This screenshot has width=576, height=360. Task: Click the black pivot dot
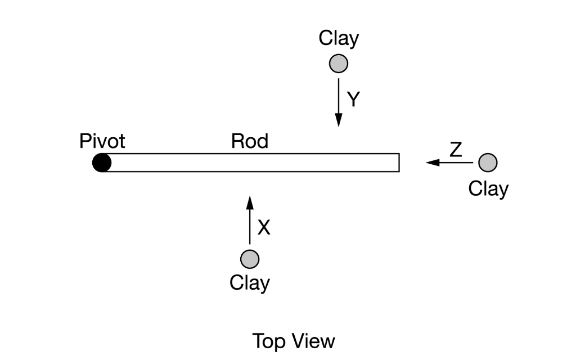click(x=102, y=163)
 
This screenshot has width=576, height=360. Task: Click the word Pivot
click(x=102, y=141)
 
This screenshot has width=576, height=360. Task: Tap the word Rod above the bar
click(x=249, y=141)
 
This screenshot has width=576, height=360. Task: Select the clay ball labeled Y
click(x=339, y=64)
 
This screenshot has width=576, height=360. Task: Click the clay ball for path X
click(x=250, y=259)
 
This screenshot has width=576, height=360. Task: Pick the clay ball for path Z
click(x=488, y=163)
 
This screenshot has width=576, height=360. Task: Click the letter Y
click(x=353, y=100)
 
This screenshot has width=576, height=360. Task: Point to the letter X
click(x=264, y=227)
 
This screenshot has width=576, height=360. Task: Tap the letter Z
click(x=456, y=150)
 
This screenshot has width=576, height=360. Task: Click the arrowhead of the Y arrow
click(x=339, y=120)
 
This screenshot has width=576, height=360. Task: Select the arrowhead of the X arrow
click(x=250, y=201)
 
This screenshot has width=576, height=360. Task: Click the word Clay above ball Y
click(x=339, y=38)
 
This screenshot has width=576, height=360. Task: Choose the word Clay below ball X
click(x=250, y=282)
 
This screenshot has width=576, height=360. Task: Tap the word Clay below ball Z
click(x=488, y=188)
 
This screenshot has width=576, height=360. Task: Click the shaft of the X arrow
click(x=250, y=225)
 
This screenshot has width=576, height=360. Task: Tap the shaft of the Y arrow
click(x=339, y=96)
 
